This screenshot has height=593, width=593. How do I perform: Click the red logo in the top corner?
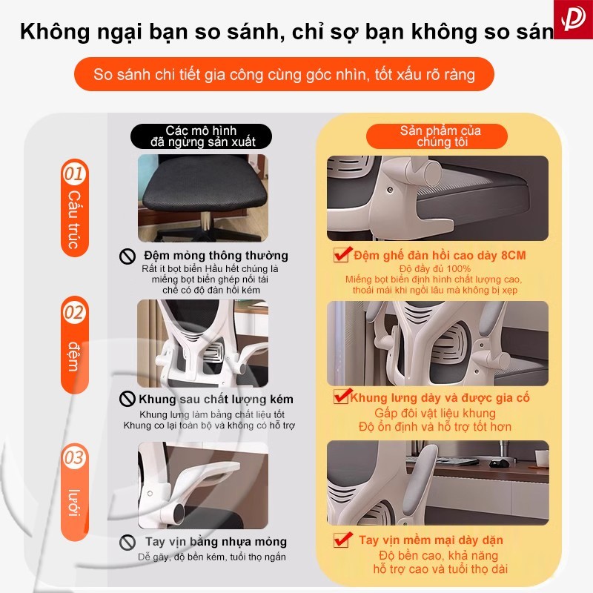click(x=573, y=19)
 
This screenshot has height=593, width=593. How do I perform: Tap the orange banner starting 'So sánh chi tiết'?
click(x=284, y=74)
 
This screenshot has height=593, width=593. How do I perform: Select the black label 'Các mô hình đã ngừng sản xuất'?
click(x=201, y=136)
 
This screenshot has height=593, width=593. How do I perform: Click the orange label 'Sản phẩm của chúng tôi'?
click(x=437, y=136)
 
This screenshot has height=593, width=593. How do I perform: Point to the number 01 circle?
click(x=75, y=173)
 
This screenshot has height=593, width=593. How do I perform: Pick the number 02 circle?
click(x=75, y=311)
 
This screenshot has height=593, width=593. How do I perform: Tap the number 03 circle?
click(x=75, y=457)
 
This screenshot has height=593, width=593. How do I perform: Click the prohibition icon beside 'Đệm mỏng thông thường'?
click(x=127, y=256)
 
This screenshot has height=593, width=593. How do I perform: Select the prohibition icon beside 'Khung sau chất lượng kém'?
click(x=127, y=399)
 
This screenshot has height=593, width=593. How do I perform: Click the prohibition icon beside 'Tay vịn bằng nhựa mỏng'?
click(x=127, y=543)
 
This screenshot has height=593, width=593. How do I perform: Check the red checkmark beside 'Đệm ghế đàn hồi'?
click(x=342, y=254)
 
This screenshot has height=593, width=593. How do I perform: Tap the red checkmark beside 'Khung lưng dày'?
click(x=342, y=396)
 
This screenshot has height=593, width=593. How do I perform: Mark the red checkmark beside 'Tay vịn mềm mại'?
click(x=342, y=540)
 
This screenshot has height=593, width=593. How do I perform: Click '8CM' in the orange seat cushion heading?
click(x=513, y=255)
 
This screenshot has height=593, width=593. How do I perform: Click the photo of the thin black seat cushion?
click(x=202, y=198)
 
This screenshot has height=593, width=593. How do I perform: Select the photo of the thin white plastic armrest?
click(x=202, y=486)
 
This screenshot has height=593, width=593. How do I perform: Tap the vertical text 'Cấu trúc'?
click(x=75, y=219)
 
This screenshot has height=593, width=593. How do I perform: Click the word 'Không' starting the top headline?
click(x=55, y=31)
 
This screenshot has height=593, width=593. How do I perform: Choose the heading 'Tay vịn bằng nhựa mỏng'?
click(x=216, y=542)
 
